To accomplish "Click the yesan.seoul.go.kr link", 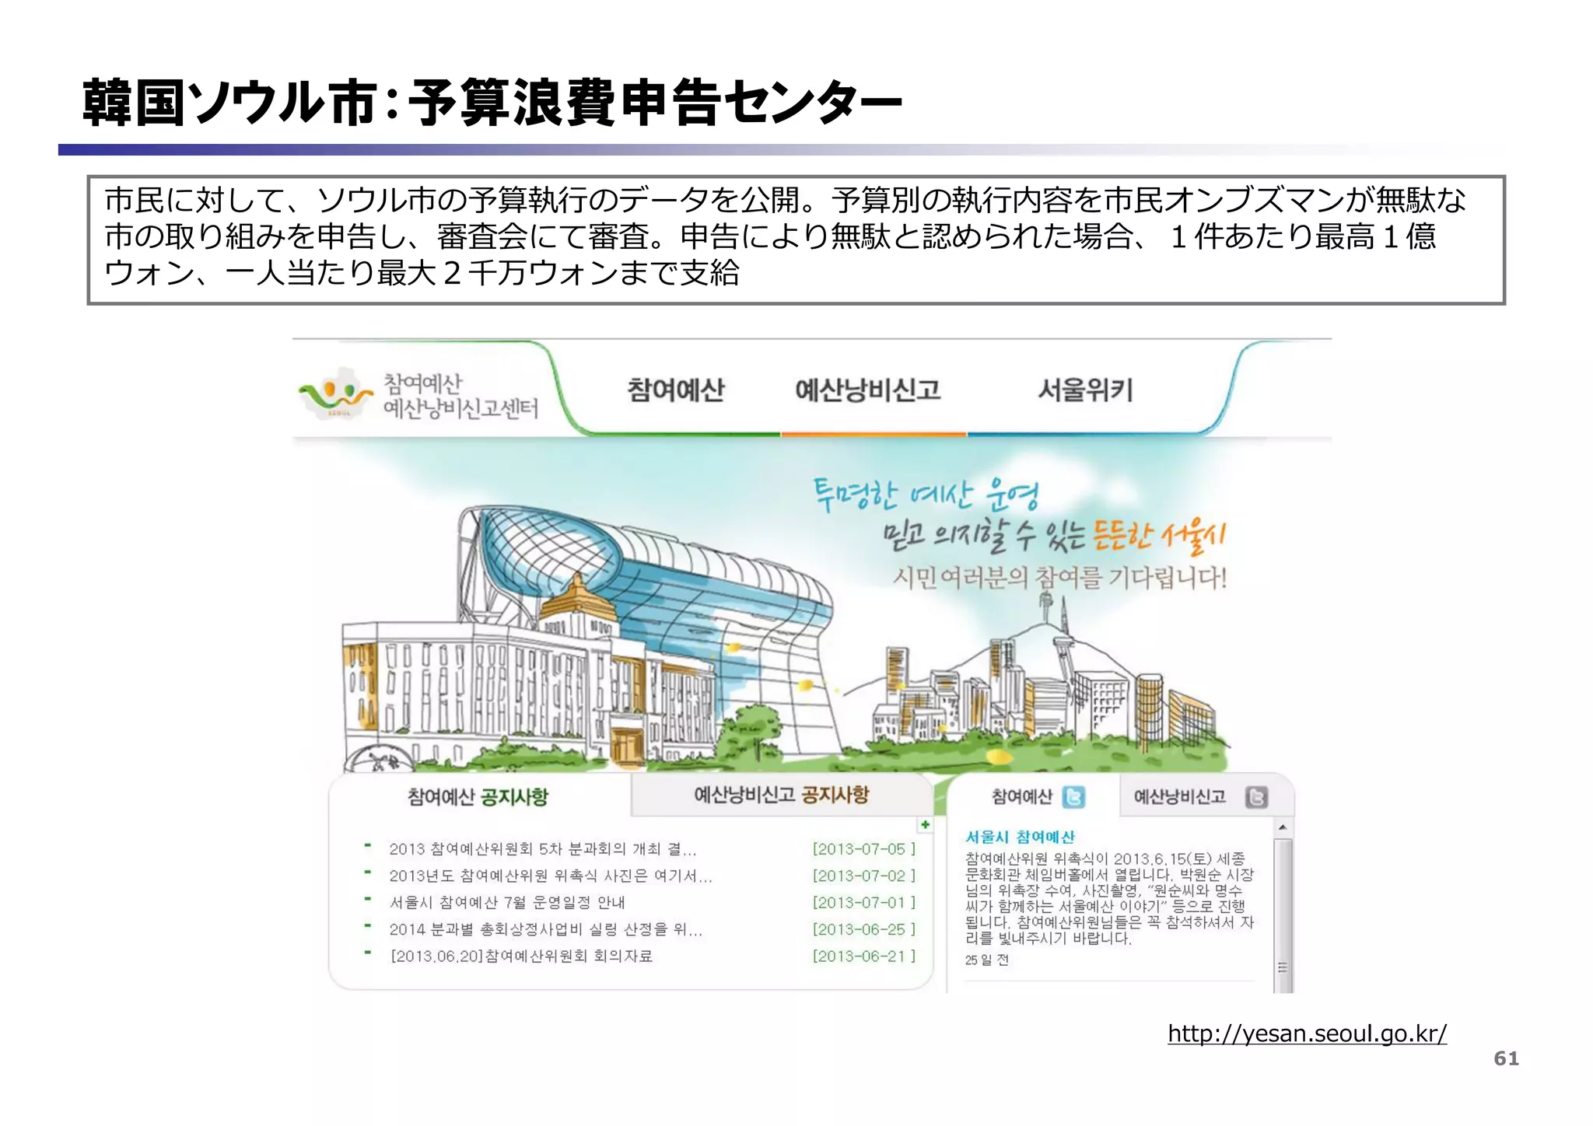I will click(x=1307, y=1033).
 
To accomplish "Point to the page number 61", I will click(x=1506, y=1058).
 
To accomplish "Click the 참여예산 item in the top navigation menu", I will click(x=675, y=390).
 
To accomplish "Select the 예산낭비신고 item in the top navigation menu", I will click(x=867, y=390).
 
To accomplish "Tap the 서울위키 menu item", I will click(x=1084, y=390).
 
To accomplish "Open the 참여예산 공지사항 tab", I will click(x=478, y=796).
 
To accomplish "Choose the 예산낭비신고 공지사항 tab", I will click(x=781, y=795).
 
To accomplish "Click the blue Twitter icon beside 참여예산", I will click(x=1073, y=797).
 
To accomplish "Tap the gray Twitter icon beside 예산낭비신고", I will click(x=1256, y=797).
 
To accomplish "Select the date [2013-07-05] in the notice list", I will click(x=863, y=849).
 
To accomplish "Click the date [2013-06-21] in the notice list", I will click(x=863, y=956).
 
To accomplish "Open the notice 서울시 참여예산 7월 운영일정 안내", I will click(x=507, y=903).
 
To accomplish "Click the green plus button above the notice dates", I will click(x=925, y=825).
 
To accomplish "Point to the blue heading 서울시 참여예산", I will click(x=1020, y=837).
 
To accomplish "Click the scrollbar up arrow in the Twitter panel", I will click(x=1283, y=827).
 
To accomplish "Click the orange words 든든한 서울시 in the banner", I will click(x=1158, y=536).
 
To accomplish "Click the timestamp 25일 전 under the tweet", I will click(x=986, y=960).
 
